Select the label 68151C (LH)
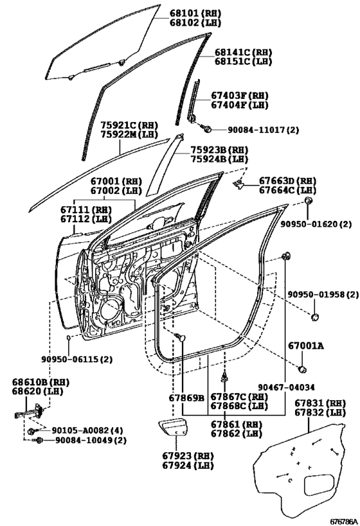[x=243, y=62]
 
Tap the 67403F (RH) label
[x=240, y=96]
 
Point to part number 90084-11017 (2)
[x=264, y=130]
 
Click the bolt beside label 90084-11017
[x=206, y=128]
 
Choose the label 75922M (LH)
[x=129, y=134]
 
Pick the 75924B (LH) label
[x=219, y=159]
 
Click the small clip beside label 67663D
[x=239, y=184]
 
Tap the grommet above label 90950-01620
[x=308, y=200]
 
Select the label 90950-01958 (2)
[x=323, y=295]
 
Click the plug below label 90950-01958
[x=314, y=317]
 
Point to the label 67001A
[x=306, y=346]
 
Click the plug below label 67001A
[x=303, y=369]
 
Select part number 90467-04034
[x=287, y=387]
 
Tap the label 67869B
[x=186, y=398]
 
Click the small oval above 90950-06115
[x=68, y=337]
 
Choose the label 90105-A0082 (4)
[x=87, y=430]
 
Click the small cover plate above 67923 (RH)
[x=174, y=426]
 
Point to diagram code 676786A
[x=343, y=522]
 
